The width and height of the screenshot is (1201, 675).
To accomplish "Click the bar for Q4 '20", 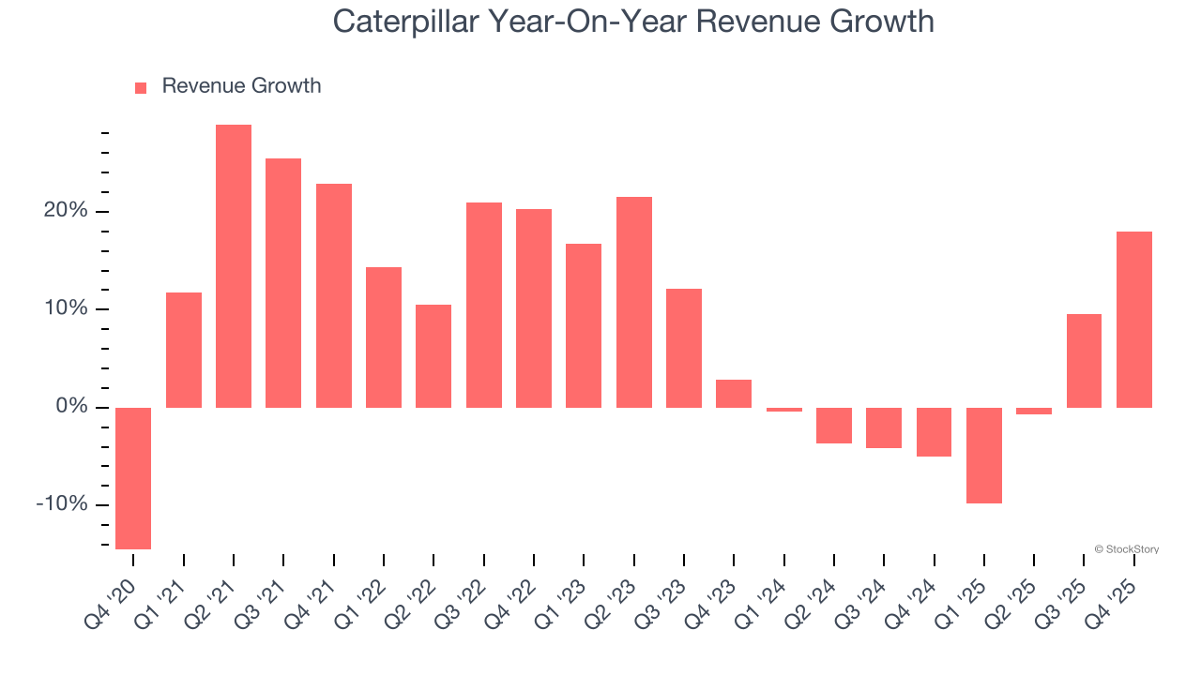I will [133, 478].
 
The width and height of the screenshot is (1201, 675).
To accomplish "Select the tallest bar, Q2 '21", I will [234, 266].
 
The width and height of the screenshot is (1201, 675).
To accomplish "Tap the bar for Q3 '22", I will [484, 305].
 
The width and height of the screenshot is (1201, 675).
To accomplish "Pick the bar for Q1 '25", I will [984, 456].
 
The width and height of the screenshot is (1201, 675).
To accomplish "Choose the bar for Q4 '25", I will [1134, 320].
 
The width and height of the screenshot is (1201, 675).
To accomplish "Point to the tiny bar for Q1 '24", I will [784, 410].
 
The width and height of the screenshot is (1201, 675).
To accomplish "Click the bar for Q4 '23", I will [734, 394].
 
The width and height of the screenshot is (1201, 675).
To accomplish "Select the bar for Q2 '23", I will [634, 302].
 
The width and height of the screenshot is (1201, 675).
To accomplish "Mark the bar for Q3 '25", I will [1084, 361].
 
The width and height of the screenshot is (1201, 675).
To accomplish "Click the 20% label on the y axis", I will [65, 211].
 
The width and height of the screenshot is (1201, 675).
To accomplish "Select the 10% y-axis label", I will [65, 309].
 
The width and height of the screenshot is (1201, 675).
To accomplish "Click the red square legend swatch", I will [141, 87].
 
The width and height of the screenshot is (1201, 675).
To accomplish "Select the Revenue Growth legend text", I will [241, 86].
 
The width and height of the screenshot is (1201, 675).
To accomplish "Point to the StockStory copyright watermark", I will [1126, 549].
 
